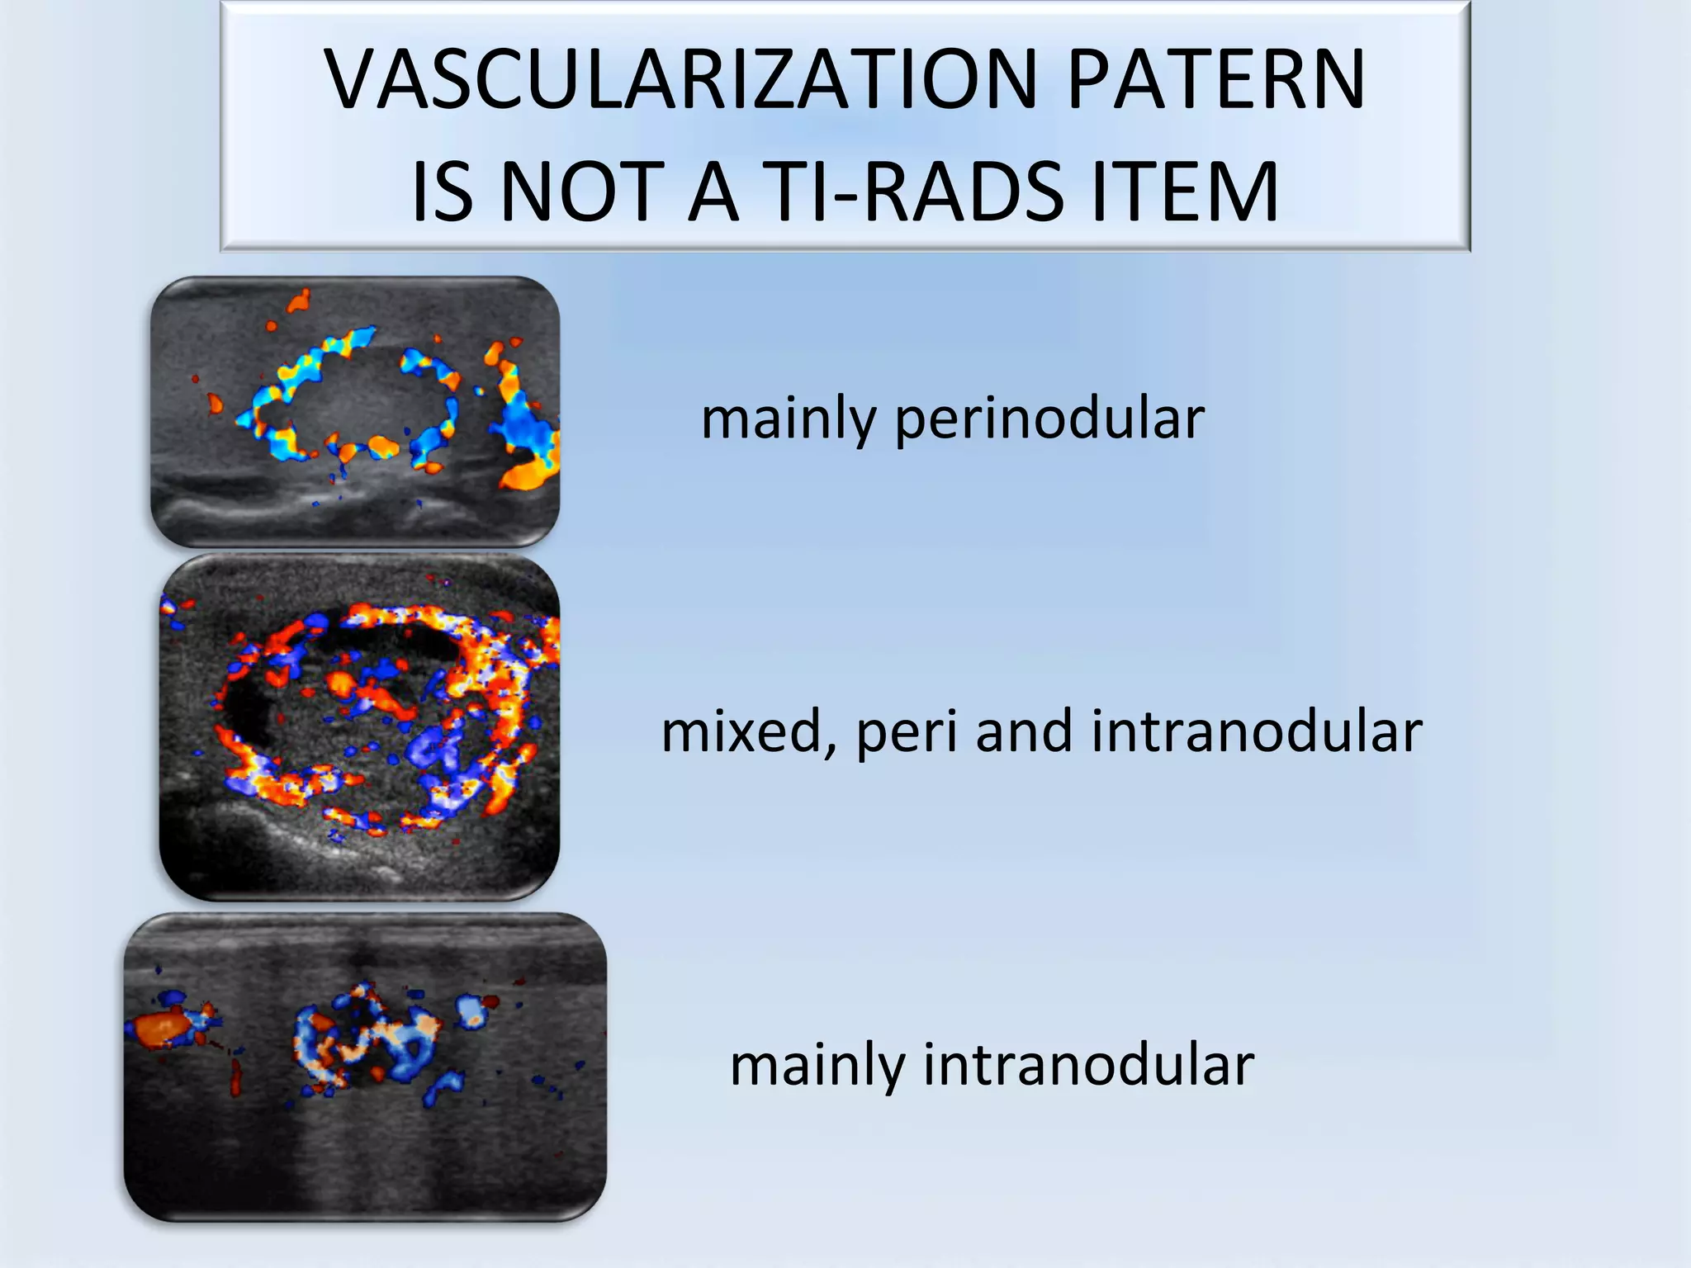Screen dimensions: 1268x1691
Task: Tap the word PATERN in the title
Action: (1216, 80)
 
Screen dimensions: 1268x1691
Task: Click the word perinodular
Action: (1049, 419)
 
